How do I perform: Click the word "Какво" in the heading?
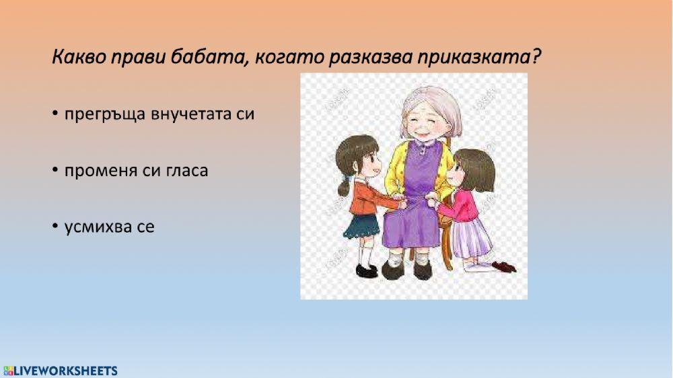click(76, 57)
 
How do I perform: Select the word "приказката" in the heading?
click(479, 57)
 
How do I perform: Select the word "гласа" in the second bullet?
click(186, 171)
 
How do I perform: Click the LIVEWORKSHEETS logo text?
click(65, 371)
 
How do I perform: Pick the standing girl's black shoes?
click(367, 270)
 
